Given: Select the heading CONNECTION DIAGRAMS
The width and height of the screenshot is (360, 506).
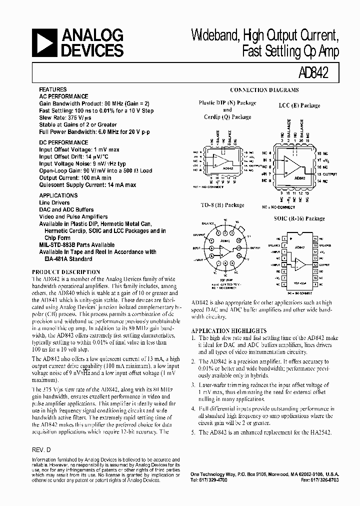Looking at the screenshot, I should click(x=264, y=90).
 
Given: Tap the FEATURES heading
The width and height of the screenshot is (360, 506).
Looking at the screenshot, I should click(x=52, y=90).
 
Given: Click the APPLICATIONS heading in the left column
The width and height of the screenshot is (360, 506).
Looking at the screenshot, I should click(x=58, y=195).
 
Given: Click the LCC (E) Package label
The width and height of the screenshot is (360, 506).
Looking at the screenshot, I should click(x=299, y=105).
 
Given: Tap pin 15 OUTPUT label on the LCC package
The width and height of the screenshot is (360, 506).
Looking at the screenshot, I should click(x=325, y=173).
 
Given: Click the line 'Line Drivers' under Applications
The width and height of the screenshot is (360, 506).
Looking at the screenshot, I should click(x=54, y=203).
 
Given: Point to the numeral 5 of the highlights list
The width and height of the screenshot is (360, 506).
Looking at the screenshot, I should click(x=193, y=432).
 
